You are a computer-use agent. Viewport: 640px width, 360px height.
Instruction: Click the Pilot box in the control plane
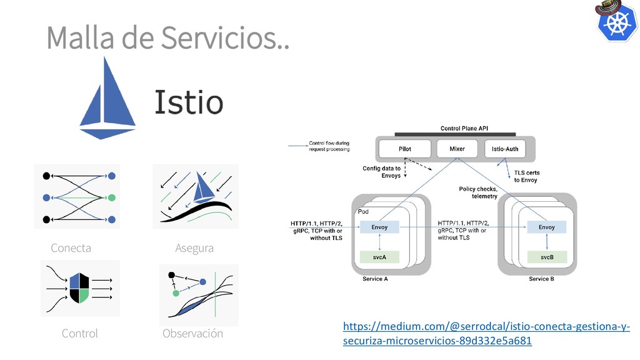tap(405, 149)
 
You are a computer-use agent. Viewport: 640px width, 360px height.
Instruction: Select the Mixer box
tap(457, 149)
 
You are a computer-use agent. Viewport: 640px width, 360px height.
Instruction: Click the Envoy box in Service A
tap(380, 227)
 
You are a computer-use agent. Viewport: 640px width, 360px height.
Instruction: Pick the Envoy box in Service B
tap(547, 227)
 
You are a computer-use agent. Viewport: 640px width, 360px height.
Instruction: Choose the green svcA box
tap(380, 256)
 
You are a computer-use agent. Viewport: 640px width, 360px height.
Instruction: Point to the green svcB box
tap(547, 256)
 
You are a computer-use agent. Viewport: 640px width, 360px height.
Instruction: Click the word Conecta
tap(71, 248)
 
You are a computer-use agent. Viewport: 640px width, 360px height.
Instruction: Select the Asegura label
tap(194, 248)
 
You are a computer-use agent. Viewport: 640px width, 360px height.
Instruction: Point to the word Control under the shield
tap(80, 333)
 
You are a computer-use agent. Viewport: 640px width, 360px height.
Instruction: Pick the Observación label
tap(192, 333)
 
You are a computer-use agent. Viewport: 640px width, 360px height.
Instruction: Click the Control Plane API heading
tap(464, 127)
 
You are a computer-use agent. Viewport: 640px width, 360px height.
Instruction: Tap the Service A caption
tap(375, 279)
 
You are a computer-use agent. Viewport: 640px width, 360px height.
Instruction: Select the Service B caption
tap(541, 279)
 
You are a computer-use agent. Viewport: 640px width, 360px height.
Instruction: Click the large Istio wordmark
tap(187, 102)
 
